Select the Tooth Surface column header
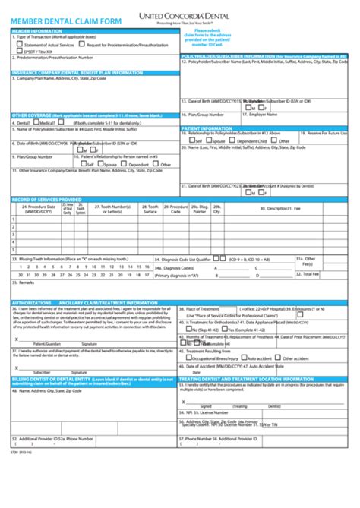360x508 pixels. (x=152, y=209)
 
